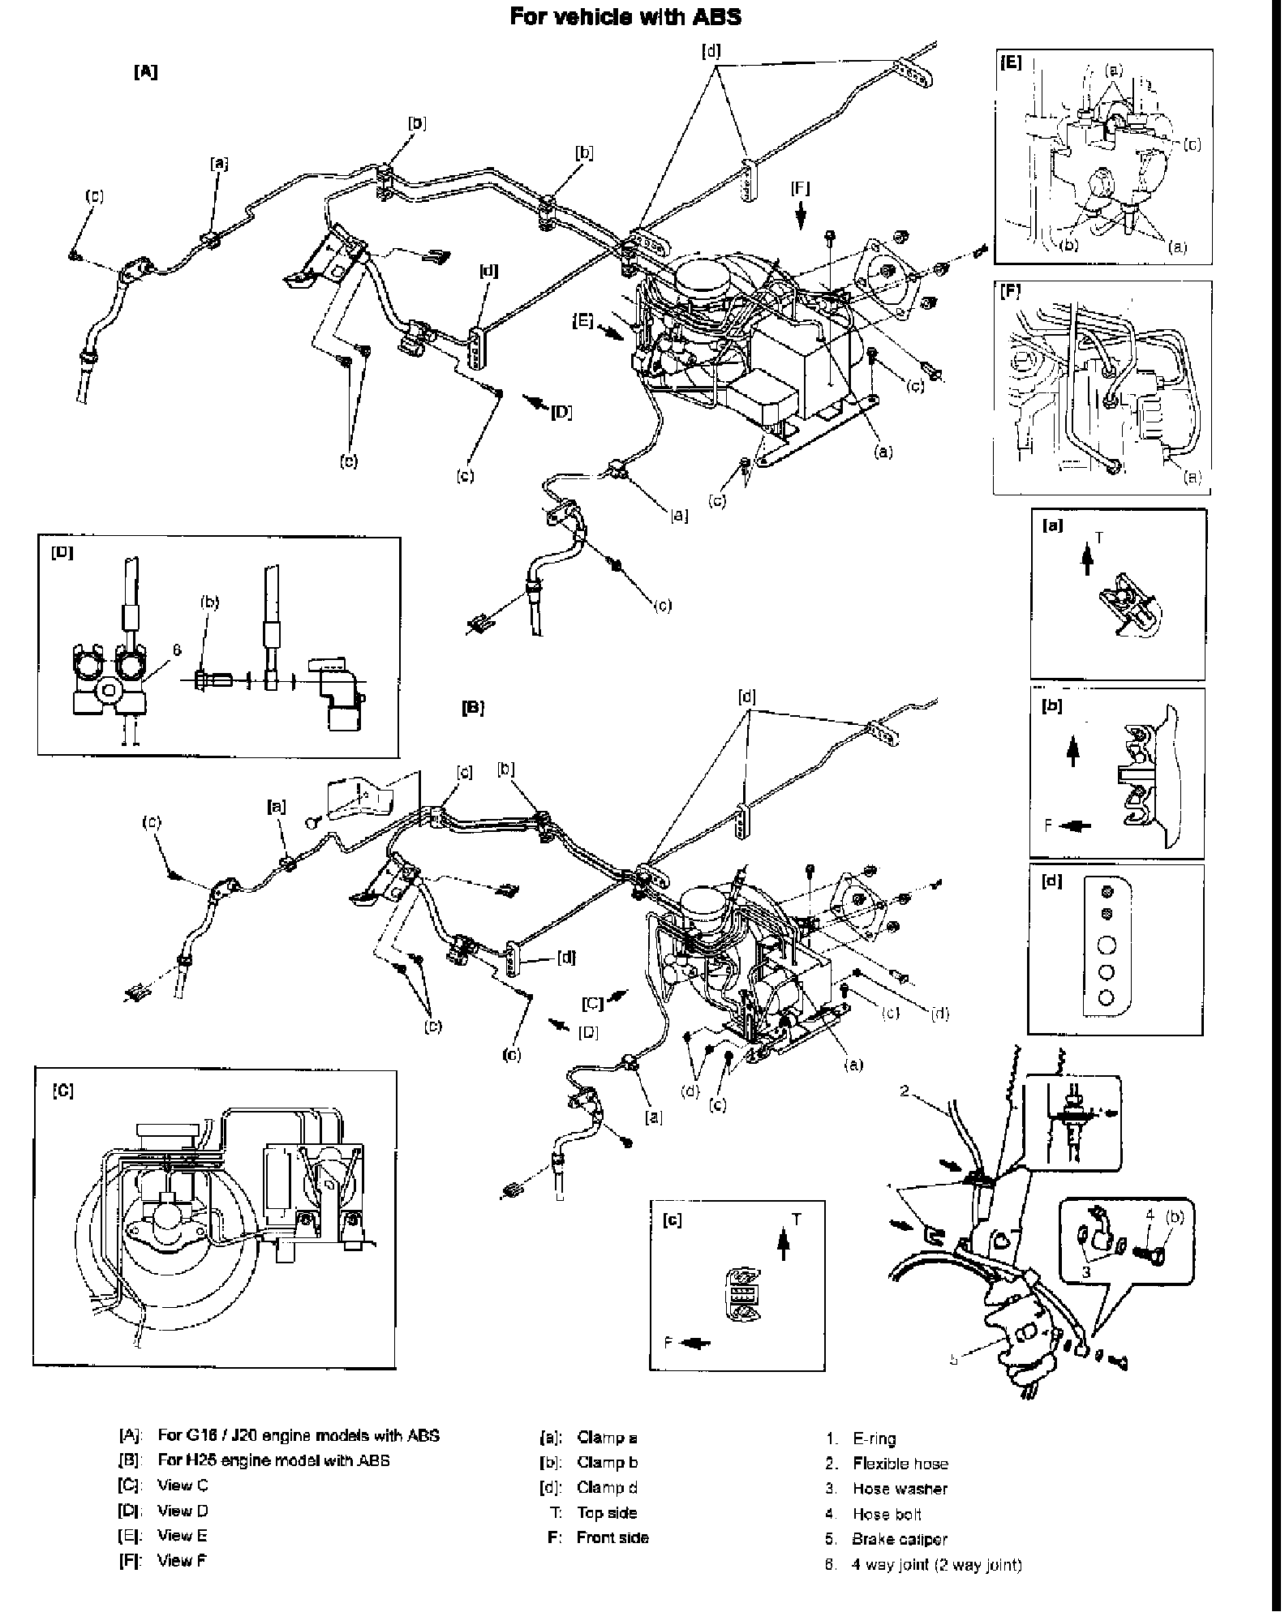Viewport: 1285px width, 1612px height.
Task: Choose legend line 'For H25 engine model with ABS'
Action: click(273, 1460)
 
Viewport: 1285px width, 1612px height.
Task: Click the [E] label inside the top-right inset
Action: click(1011, 62)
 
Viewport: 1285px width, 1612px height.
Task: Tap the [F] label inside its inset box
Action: click(1011, 293)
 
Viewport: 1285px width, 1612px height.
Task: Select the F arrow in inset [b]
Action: click(1076, 826)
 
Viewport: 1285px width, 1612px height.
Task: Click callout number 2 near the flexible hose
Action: click(905, 1091)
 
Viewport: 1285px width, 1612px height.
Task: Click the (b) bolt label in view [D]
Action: click(209, 602)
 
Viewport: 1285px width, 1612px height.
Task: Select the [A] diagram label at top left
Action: click(145, 71)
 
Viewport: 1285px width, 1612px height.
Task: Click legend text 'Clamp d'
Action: click(607, 1487)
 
